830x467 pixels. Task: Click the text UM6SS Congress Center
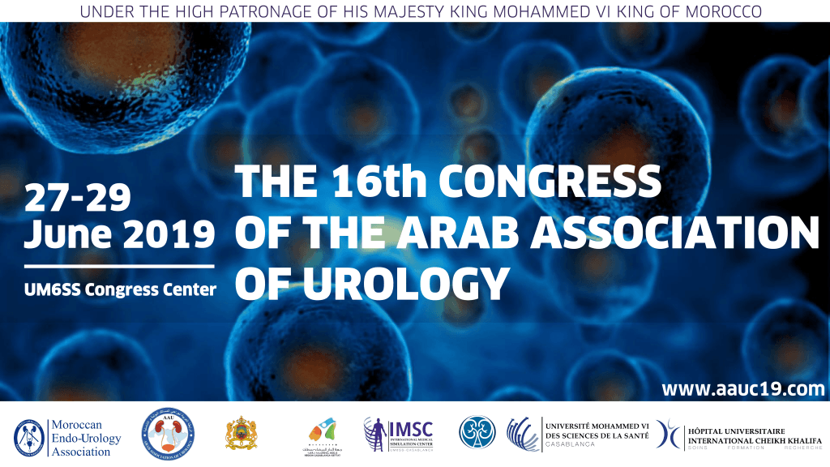pyautogui.click(x=121, y=289)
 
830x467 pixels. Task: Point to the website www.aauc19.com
pyautogui.click(x=742, y=389)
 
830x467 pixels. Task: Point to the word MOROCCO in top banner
pyautogui.click(x=722, y=11)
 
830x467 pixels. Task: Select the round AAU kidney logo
pyautogui.click(x=168, y=431)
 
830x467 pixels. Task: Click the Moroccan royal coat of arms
pyautogui.click(x=241, y=433)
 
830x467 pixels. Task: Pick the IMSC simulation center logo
pyautogui.click(x=399, y=433)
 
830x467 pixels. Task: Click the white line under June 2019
pyautogui.click(x=119, y=265)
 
